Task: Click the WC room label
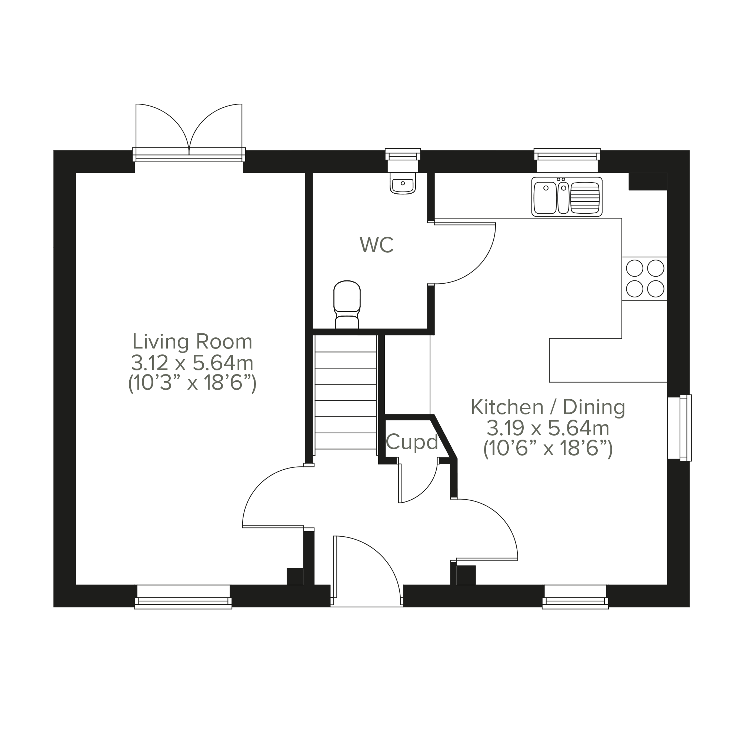coord(377,245)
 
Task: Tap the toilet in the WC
coord(347,305)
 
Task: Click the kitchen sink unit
coord(567,196)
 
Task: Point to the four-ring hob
coord(645,279)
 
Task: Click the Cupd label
coord(412,442)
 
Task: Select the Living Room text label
coord(193,341)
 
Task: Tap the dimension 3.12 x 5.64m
coord(193,363)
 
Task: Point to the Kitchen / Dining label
coord(548,407)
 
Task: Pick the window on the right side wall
coord(679,428)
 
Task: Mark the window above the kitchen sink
coord(567,160)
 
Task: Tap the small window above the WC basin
coord(403,160)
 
